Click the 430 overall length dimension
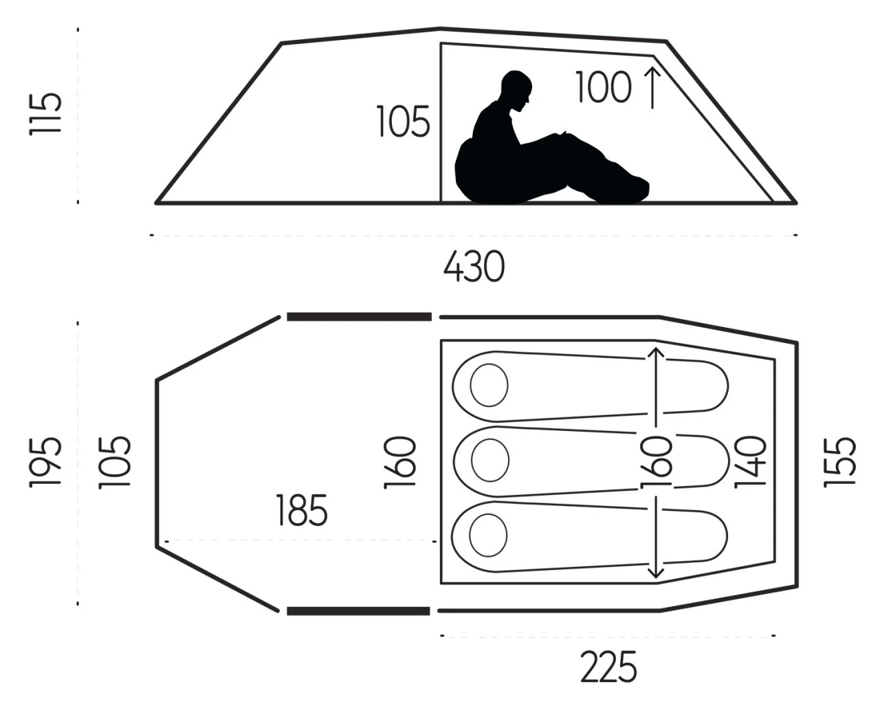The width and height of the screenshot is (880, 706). [474, 266]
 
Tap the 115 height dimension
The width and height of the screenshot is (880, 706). [45, 114]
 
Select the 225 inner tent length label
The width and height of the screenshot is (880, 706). [608, 667]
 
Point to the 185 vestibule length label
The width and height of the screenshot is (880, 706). [302, 510]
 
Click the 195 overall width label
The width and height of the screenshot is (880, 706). [45, 463]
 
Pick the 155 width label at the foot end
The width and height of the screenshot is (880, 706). [839, 463]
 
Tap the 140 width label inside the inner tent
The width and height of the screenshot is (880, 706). [750, 463]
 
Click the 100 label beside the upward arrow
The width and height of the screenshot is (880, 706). [604, 87]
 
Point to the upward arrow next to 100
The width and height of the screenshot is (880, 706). [652, 87]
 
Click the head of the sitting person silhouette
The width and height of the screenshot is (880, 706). [516, 91]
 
